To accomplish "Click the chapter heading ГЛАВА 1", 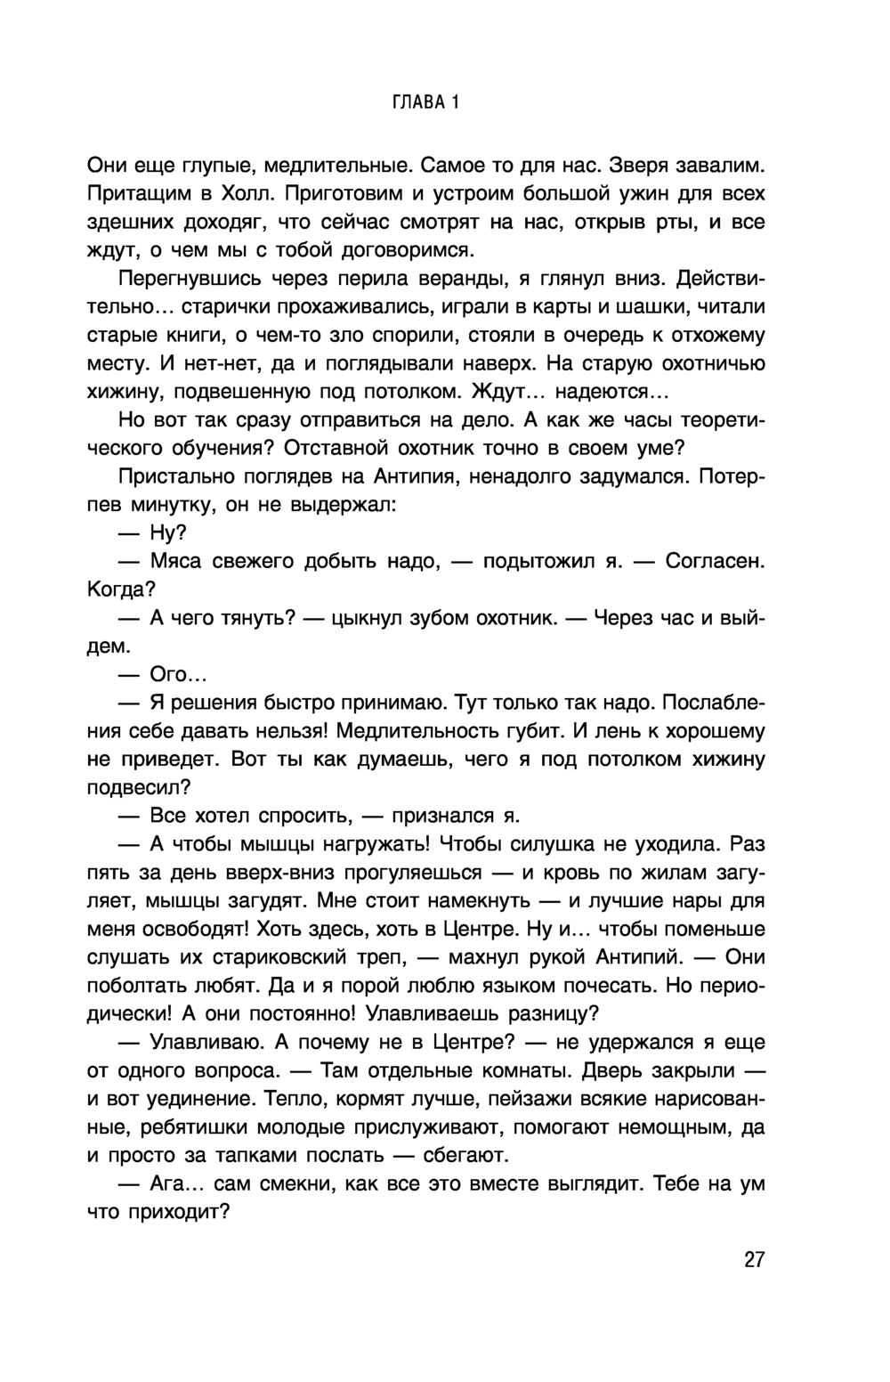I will point(425,102).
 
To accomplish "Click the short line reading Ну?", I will point(167,532).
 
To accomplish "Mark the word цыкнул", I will point(373,618).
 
